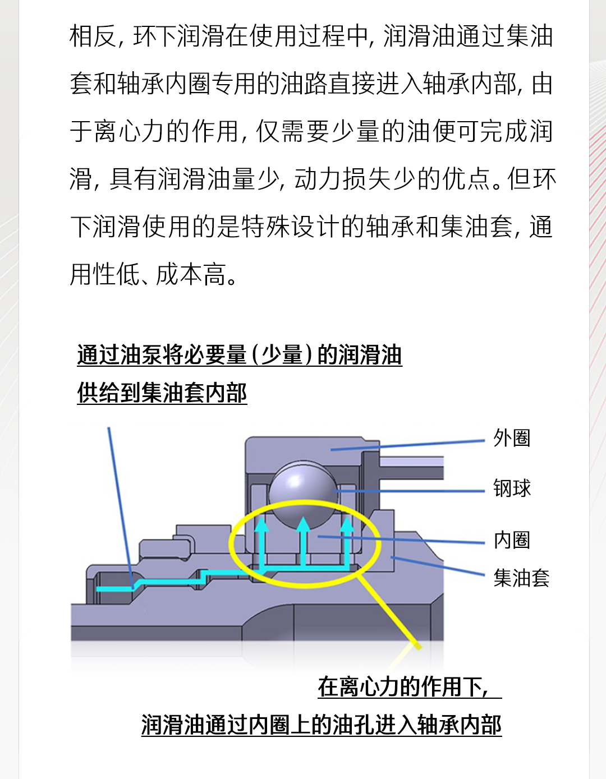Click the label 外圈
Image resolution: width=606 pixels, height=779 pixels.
click(511, 438)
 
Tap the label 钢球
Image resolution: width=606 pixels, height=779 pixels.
click(512, 488)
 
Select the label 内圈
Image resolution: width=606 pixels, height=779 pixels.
click(512, 540)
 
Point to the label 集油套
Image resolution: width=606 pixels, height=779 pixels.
click(521, 578)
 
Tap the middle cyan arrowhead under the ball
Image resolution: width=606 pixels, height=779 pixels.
click(304, 524)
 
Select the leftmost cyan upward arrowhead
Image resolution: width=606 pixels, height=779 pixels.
click(261, 524)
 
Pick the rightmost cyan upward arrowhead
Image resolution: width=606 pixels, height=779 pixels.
click(347, 524)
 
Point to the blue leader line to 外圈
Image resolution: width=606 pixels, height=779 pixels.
click(408, 445)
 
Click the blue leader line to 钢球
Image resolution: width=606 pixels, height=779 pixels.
click(409, 491)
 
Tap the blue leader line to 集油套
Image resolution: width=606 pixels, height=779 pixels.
click(438, 566)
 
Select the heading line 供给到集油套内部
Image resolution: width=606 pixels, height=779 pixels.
click(162, 393)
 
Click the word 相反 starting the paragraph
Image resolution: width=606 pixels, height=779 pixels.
click(93, 36)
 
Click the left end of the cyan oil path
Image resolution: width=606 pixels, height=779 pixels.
click(97, 589)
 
